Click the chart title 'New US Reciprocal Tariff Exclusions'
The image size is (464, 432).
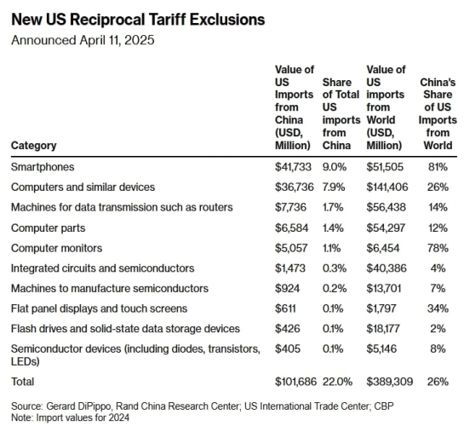pos(138,20)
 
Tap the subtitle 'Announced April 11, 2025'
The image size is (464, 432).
pos(83,40)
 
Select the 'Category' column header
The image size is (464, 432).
pos(34,146)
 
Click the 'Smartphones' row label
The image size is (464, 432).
pos(43,167)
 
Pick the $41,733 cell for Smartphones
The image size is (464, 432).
pos(293,167)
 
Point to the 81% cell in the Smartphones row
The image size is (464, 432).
pos(438,167)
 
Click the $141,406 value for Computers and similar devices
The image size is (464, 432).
pos(387,187)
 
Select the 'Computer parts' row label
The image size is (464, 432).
pos(49,228)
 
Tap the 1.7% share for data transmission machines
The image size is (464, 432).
pos(333,207)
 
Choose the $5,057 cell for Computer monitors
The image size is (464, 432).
pos(291,248)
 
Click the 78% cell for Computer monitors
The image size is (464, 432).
pos(438,248)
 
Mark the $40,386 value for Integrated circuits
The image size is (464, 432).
pos(387,268)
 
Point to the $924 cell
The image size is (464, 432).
pos(287,288)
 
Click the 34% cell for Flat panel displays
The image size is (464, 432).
pos(438,308)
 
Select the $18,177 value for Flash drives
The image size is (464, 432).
pos(383,329)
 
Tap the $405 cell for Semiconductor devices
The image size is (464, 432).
pos(288,348)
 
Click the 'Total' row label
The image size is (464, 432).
pos(22,382)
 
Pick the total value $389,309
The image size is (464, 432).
pos(390,382)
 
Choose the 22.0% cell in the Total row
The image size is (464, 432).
pos(338,382)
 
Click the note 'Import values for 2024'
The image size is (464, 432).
pos(83,418)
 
